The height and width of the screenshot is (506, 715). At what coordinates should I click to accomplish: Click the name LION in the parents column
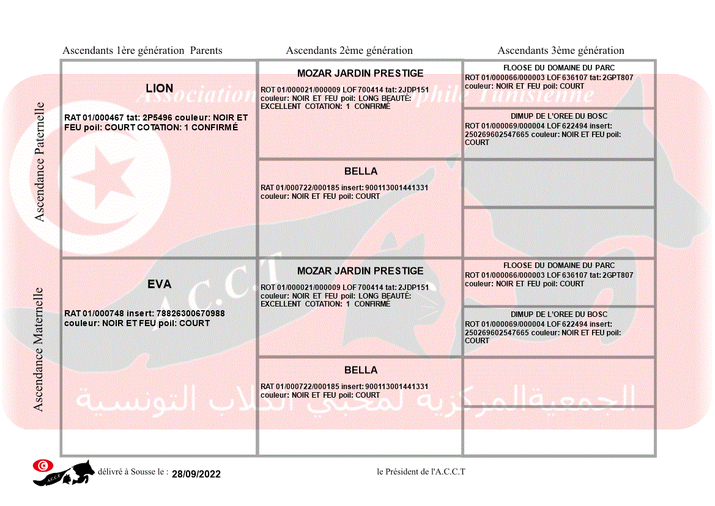click(159, 89)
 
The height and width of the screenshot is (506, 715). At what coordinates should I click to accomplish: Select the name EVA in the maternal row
click(159, 285)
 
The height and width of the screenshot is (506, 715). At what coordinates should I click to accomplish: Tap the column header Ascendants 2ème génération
click(349, 51)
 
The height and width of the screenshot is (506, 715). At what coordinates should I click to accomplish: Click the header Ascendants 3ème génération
click(561, 51)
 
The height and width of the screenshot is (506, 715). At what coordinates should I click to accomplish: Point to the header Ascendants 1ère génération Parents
click(143, 51)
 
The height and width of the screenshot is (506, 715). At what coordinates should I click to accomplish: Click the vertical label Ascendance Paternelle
click(40, 162)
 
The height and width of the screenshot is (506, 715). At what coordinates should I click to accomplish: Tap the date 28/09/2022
click(196, 474)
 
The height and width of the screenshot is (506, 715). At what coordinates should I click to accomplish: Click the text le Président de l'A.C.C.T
click(421, 472)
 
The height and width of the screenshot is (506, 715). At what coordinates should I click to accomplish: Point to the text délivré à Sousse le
click(133, 472)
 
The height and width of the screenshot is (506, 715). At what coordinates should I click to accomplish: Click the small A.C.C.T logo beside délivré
click(63, 472)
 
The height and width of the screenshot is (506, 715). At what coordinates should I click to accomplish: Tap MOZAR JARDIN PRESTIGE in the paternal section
click(360, 73)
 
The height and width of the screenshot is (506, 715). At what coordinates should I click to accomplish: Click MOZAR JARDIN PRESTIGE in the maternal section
click(360, 271)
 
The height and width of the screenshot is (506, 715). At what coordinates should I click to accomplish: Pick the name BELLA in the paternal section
click(360, 171)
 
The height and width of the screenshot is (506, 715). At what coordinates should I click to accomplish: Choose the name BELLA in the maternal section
click(360, 370)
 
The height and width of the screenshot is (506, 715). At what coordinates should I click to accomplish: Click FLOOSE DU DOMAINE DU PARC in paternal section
click(558, 68)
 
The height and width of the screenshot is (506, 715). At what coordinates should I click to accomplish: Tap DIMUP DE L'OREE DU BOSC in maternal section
click(558, 314)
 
